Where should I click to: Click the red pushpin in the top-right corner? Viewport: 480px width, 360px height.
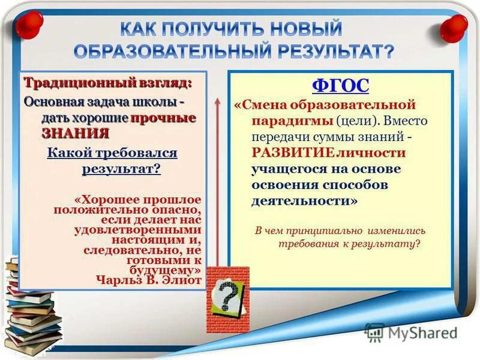(x=453, y=26)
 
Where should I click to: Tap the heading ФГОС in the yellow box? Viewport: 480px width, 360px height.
(x=340, y=85)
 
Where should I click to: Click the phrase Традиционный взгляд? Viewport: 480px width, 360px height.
(x=108, y=82)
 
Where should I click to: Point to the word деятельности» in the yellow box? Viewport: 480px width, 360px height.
(x=304, y=201)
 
